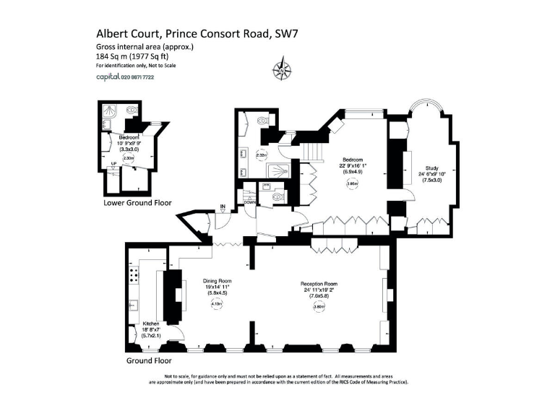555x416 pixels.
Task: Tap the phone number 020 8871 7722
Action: (x=137, y=77)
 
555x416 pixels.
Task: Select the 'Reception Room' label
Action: (x=319, y=284)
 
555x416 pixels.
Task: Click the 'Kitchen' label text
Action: (x=150, y=324)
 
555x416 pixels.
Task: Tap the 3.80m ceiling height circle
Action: (x=319, y=306)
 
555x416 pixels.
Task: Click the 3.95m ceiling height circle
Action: (x=352, y=183)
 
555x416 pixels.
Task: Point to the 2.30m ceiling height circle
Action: (x=129, y=158)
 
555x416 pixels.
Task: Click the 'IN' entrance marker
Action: (x=223, y=207)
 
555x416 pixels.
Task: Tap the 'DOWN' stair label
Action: (x=249, y=203)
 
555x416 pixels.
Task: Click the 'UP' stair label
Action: (x=113, y=163)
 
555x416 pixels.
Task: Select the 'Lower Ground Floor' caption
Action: (x=137, y=203)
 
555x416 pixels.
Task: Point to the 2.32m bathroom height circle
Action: (x=262, y=154)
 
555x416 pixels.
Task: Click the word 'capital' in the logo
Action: (x=108, y=77)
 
